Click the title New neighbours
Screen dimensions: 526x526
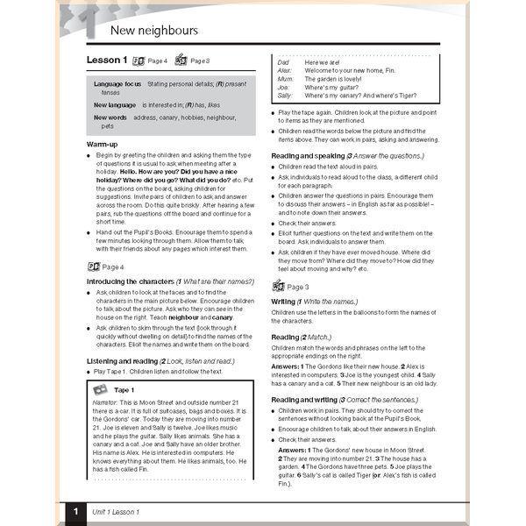coord(154,31)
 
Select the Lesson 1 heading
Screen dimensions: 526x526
coord(107,60)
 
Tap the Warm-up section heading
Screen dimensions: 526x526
coord(103,143)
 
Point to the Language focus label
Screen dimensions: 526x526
coord(117,84)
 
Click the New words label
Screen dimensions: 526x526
coord(110,117)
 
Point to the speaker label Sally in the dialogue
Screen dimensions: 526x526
coord(284,96)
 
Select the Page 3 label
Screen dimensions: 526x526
coord(297,287)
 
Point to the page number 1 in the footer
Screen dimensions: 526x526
coord(76,510)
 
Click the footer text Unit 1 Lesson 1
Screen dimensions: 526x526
coord(118,510)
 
